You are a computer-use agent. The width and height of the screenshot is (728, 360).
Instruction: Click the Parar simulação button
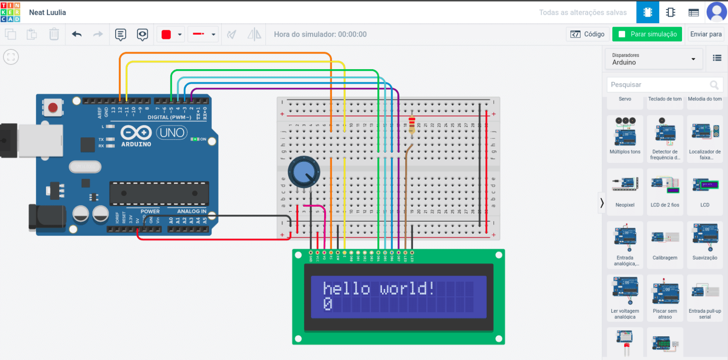point(647,34)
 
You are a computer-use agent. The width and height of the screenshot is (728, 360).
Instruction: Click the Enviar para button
point(706,34)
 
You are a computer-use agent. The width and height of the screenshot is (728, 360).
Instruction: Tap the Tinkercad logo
point(10,12)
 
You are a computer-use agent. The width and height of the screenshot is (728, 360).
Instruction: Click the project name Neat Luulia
point(47,12)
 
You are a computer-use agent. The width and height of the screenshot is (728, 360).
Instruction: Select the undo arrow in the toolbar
point(77,34)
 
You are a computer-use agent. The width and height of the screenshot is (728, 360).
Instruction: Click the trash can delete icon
point(54,34)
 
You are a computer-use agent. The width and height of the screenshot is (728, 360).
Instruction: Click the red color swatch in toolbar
point(166,34)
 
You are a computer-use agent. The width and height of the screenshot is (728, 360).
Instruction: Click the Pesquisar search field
point(659,85)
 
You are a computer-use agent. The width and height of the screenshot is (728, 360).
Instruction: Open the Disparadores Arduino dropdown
point(654,59)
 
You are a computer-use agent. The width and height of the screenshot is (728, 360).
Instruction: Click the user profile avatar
point(716,12)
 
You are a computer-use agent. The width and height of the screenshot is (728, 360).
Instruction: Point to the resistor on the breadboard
point(411,125)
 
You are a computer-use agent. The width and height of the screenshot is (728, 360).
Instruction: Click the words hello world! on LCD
point(378,288)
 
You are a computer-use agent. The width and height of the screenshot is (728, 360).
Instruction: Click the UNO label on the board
point(172,133)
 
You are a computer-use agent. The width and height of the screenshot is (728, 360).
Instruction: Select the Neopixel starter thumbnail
point(625,186)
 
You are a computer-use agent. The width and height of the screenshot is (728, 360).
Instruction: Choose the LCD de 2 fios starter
point(665,186)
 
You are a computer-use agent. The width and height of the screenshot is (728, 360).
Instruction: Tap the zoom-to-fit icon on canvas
point(11,57)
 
